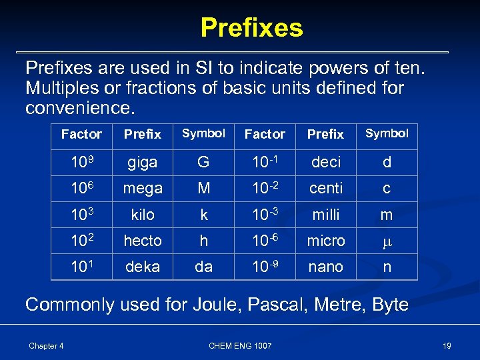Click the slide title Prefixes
(x=251, y=28)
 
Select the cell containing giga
(x=143, y=162)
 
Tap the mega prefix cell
(x=143, y=189)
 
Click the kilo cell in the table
(x=143, y=215)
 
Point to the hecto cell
(x=143, y=241)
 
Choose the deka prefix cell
(x=143, y=267)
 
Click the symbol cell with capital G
(x=203, y=162)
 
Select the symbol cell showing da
(x=203, y=267)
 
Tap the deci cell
(x=326, y=162)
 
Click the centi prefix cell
(x=326, y=189)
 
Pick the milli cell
(x=326, y=215)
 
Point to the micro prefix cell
(x=326, y=241)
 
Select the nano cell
(x=326, y=267)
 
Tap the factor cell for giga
(x=81, y=162)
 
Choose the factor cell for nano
(x=265, y=267)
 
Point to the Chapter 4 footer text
(x=46, y=345)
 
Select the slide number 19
(x=446, y=345)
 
